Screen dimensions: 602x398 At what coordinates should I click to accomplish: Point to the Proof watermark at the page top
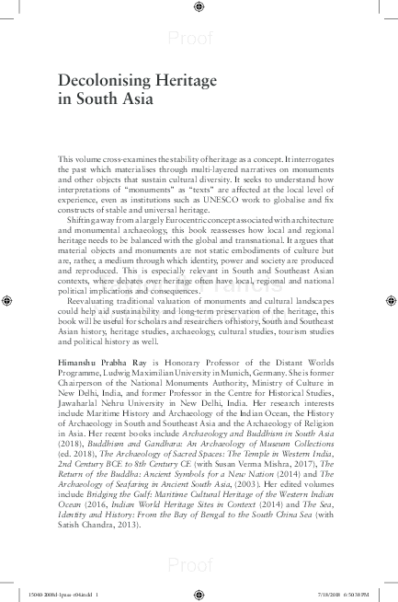[199, 37]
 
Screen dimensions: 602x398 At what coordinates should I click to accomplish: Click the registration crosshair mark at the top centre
[199, 7]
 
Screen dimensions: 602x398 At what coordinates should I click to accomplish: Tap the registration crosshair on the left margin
[8, 300]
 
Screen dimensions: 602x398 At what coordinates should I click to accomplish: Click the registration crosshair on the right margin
[390, 300]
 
